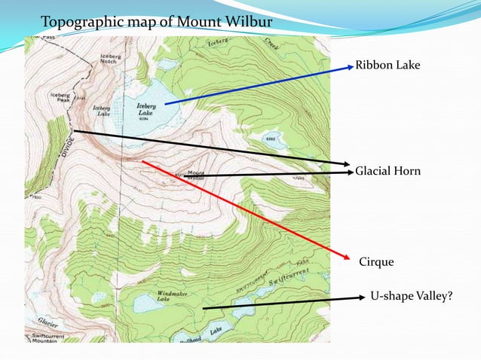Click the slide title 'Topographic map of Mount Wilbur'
[x=156, y=20]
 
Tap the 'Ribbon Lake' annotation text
[x=388, y=66]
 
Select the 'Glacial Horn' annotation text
[x=388, y=172]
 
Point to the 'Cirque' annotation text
[x=375, y=261]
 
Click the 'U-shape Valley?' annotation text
[x=412, y=297]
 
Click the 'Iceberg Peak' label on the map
[x=60, y=98]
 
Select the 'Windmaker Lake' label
[x=173, y=295]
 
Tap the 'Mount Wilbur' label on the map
[x=195, y=174]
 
